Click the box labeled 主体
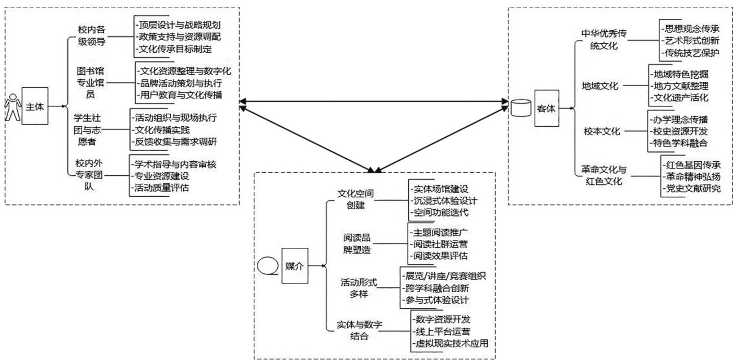tap(35, 106)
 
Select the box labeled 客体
tap(547, 108)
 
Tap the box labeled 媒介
tap(295, 266)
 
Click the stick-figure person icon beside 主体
tap(13, 107)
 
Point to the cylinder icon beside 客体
tap(521, 108)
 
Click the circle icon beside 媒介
tap(267, 265)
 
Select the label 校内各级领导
tap(92, 36)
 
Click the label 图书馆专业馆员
tap(90, 83)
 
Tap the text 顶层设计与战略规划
tap(179, 25)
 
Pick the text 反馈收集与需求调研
tap(174, 141)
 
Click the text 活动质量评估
tap(160, 188)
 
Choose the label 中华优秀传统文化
tap(604, 40)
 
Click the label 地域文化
tap(600, 86)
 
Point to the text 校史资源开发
tap(679, 131)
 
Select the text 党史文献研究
tap(692, 188)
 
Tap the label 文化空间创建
tap(356, 199)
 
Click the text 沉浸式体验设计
tap(444, 200)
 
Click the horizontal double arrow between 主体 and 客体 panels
tap(374, 101)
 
